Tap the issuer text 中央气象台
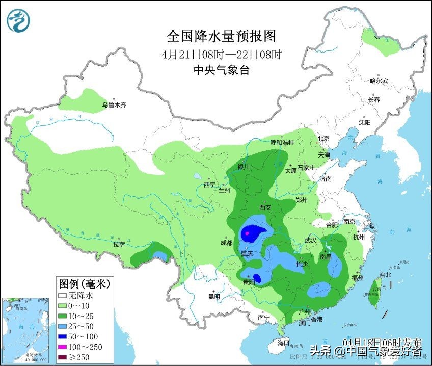pos(221,70)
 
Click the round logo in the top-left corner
pos(18,20)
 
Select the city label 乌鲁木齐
pos(113,105)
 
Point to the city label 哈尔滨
pos(379,81)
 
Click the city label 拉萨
pos(119,245)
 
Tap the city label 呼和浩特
pos(282,143)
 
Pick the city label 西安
pos(265,207)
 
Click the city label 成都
pos(226,243)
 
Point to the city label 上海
pos(368,226)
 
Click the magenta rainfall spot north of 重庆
pos(248,233)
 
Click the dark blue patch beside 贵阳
pos(257,278)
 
